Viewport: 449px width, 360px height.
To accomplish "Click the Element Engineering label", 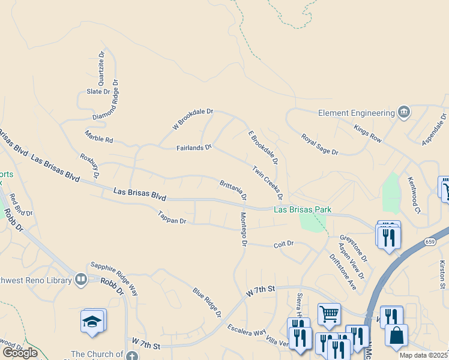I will click(x=356, y=112).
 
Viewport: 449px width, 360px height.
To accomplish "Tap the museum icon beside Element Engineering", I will click(x=404, y=112).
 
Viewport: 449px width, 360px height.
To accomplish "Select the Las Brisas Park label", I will click(x=303, y=209).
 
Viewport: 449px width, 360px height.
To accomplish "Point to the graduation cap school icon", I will click(x=93, y=322).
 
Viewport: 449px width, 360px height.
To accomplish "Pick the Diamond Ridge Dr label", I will click(x=106, y=99).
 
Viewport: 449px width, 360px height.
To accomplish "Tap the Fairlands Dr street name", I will click(x=194, y=147).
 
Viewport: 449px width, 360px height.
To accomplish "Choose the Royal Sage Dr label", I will click(x=320, y=145).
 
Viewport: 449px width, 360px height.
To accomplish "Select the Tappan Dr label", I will click(x=172, y=217).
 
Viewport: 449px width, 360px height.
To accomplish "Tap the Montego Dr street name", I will click(x=244, y=229).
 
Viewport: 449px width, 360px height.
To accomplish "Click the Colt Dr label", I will click(x=283, y=244).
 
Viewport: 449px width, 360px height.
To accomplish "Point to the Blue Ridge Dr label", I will click(x=207, y=302).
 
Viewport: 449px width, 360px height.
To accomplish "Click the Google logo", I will click(x=19, y=352).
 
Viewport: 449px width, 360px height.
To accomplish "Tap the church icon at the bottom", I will click(x=132, y=355).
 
